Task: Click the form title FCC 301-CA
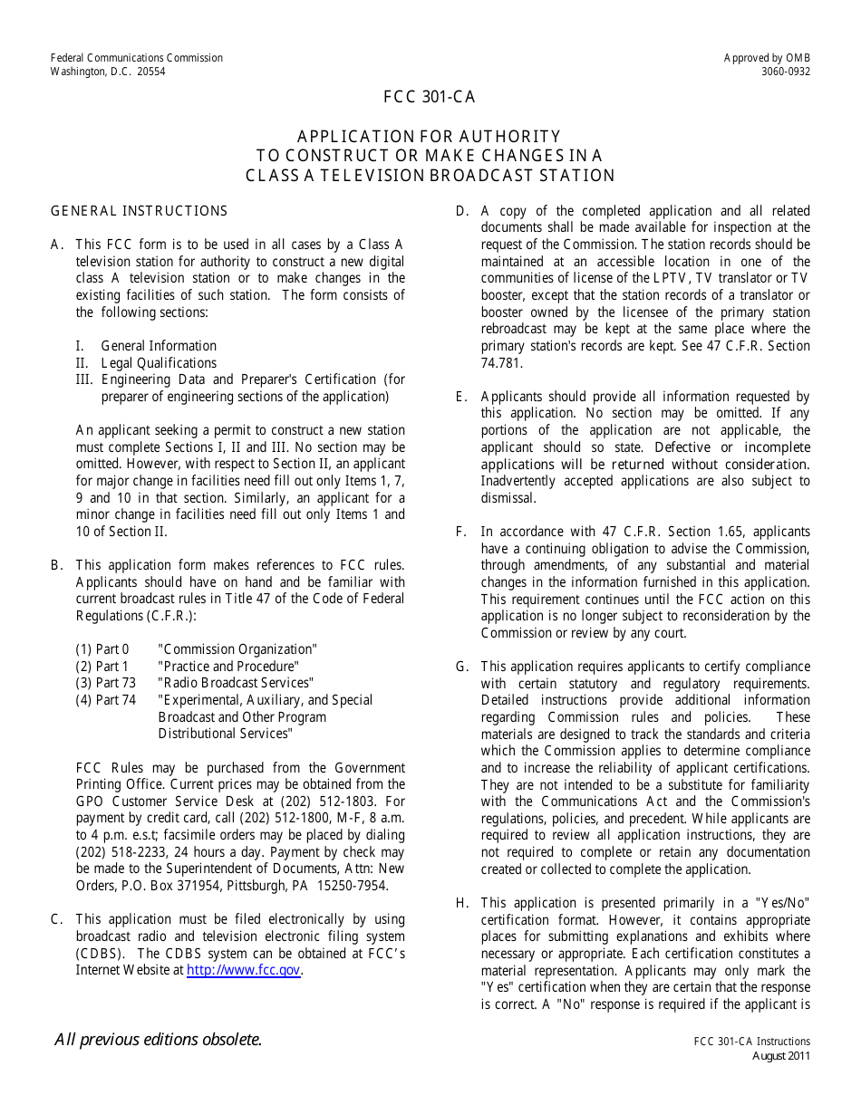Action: pos(430,98)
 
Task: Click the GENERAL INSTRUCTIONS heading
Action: pos(139,211)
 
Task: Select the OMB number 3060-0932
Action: pos(786,72)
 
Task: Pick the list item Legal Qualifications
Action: pos(159,363)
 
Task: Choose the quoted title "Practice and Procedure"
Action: pos(227,667)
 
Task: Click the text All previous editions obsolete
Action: pos(159,1040)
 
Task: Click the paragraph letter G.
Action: pos(461,667)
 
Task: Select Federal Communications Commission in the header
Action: pos(137,58)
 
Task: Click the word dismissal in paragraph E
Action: pos(508,498)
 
